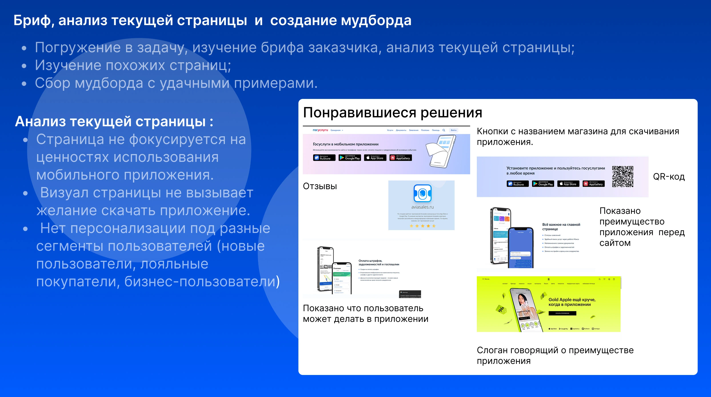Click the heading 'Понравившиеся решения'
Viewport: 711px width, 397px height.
392,113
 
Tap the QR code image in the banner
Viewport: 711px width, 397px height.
622,176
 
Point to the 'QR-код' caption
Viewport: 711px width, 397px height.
669,177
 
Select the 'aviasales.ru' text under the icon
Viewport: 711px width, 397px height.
422,207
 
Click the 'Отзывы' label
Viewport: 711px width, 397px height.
320,186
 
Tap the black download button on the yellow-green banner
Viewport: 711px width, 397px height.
562,313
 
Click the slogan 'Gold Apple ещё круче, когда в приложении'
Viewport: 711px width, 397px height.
572,302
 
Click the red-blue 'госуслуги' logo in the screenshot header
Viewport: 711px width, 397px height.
320,130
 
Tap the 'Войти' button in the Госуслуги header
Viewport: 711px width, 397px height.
453,130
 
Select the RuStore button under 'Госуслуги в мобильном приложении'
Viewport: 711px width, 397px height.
324,158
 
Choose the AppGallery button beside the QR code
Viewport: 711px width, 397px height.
593,184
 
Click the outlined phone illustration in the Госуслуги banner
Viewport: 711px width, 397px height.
441,151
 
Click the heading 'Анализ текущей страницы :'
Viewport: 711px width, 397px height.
114,121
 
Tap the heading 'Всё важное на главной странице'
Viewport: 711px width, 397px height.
561,227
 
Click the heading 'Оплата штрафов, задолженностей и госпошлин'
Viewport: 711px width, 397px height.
379,263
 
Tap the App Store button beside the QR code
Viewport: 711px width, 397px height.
568,184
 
